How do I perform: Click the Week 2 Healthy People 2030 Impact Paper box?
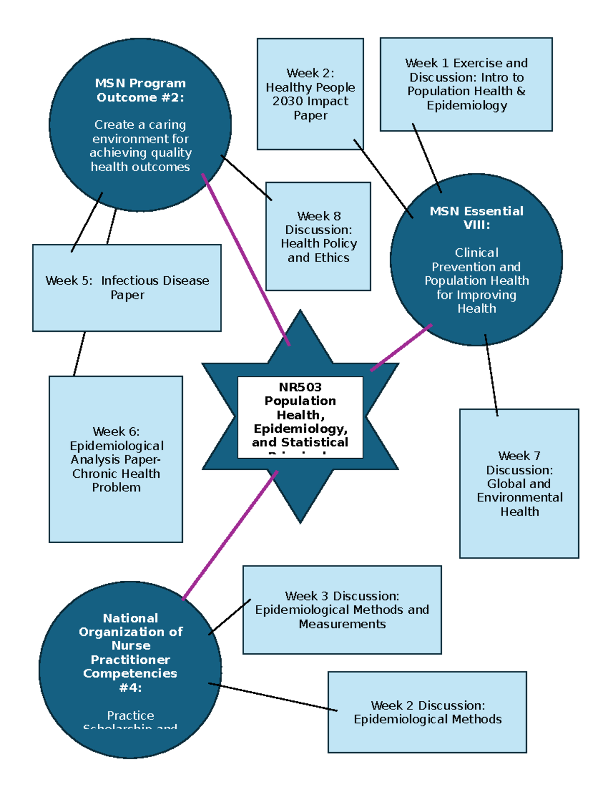pos(310,94)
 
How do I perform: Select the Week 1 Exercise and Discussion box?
pos(466,84)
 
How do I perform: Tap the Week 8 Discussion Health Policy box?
pos(318,237)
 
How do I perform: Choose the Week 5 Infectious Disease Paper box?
pos(127,288)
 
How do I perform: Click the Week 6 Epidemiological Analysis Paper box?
pos(116,459)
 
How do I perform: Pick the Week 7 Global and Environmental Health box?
pos(519,483)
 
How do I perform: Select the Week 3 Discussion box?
pos(342,610)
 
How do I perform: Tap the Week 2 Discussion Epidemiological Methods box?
pos(427,712)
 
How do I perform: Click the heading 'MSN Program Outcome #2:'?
pos(140,90)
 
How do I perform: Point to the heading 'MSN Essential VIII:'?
pos(476,218)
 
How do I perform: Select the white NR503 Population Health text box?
pos(300,417)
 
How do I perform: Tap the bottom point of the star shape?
pos(300,520)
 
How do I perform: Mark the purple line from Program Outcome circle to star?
pos(246,260)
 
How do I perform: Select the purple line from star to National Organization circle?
pos(231,535)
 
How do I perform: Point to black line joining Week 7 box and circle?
pos(491,375)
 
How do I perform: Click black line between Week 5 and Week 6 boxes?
pos(80,354)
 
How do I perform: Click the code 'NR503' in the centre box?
pos(300,387)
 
